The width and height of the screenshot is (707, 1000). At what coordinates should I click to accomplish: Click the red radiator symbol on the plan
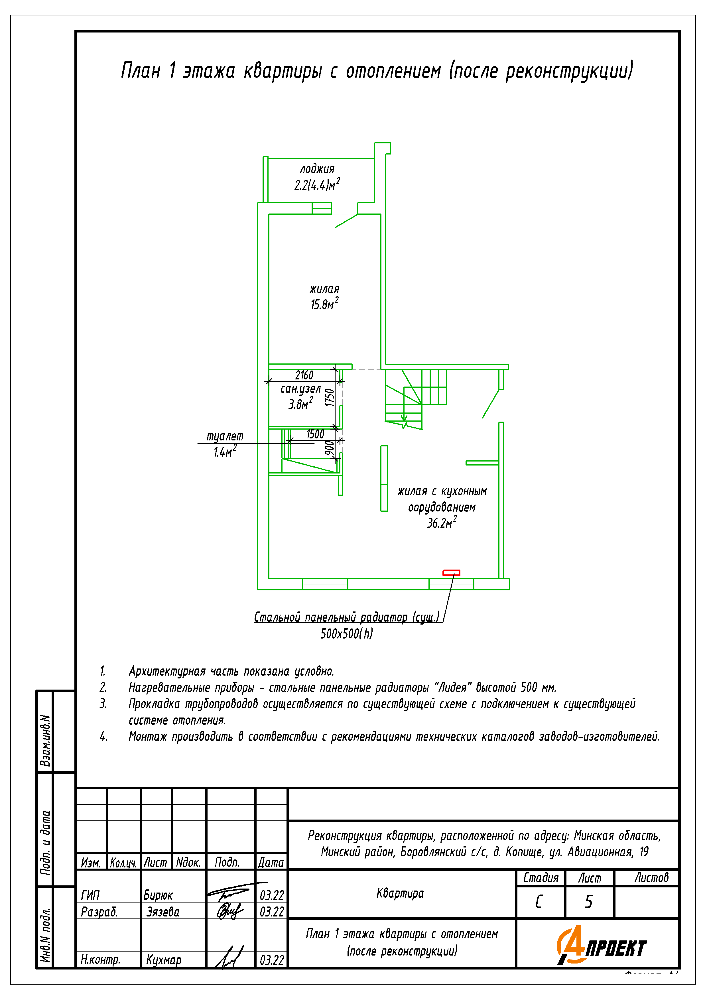(451, 573)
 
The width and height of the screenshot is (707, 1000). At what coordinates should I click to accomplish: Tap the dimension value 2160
(304, 375)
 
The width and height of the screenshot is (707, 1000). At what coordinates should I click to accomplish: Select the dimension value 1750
(330, 397)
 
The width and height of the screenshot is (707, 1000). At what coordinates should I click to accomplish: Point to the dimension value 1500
(315, 434)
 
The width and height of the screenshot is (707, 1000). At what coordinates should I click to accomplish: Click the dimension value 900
(330, 448)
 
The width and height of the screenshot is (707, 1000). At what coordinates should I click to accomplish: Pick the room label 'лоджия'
(317, 169)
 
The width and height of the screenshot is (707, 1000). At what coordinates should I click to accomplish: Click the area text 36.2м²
(441, 523)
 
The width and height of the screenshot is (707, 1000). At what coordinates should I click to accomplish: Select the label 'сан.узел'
(300, 389)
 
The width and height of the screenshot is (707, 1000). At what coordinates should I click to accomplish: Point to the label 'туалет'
(225, 436)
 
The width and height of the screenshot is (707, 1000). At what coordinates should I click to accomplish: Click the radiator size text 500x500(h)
(347, 634)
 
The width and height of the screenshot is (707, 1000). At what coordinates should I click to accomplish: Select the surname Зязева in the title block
(162, 912)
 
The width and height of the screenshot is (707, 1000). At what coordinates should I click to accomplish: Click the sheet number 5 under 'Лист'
(588, 902)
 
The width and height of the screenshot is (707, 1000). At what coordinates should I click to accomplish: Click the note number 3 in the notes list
(103, 704)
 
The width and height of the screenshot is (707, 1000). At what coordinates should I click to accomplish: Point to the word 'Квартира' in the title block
(400, 894)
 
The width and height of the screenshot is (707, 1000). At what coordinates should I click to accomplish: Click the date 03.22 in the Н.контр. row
(271, 960)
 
